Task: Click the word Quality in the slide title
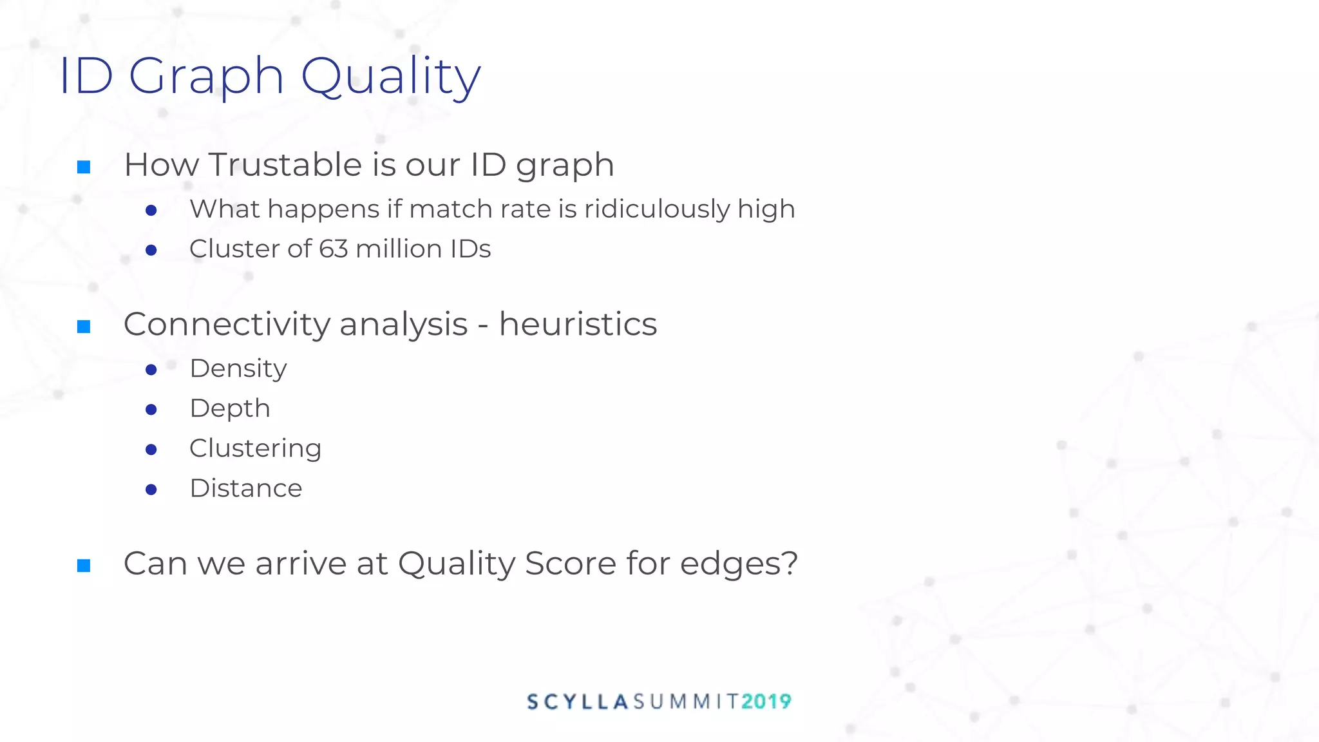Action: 390,76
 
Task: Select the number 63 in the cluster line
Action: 333,249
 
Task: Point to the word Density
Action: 238,369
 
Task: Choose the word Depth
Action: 230,409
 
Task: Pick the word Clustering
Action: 255,448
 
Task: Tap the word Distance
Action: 245,488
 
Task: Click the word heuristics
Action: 578,324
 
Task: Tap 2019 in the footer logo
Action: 766,701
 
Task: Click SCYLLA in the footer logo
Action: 578,701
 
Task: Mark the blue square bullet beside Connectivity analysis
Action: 84,327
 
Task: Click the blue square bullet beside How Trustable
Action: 84,167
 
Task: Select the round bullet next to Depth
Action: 151,410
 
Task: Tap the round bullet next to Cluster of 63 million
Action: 151,250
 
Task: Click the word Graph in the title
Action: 206,76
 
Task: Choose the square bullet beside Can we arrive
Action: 84,566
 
